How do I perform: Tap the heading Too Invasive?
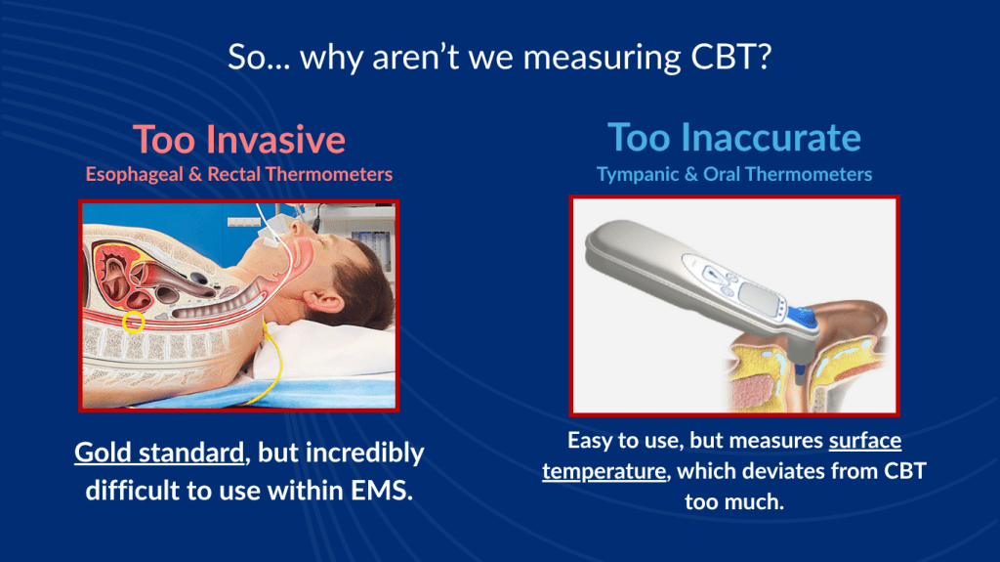coord(239,139)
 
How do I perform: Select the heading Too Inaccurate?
coord(734,137)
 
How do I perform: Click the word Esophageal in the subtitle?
coord(135,174)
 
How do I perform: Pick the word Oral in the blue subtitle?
coord(722,174)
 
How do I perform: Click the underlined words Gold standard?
coord(159,453)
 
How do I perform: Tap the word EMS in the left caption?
coord(382,491)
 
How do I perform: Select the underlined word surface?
coord(865,441)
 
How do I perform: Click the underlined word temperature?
coord(604,471)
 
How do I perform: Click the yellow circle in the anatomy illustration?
coord(133,322)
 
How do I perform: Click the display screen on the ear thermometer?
coord(761,297)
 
